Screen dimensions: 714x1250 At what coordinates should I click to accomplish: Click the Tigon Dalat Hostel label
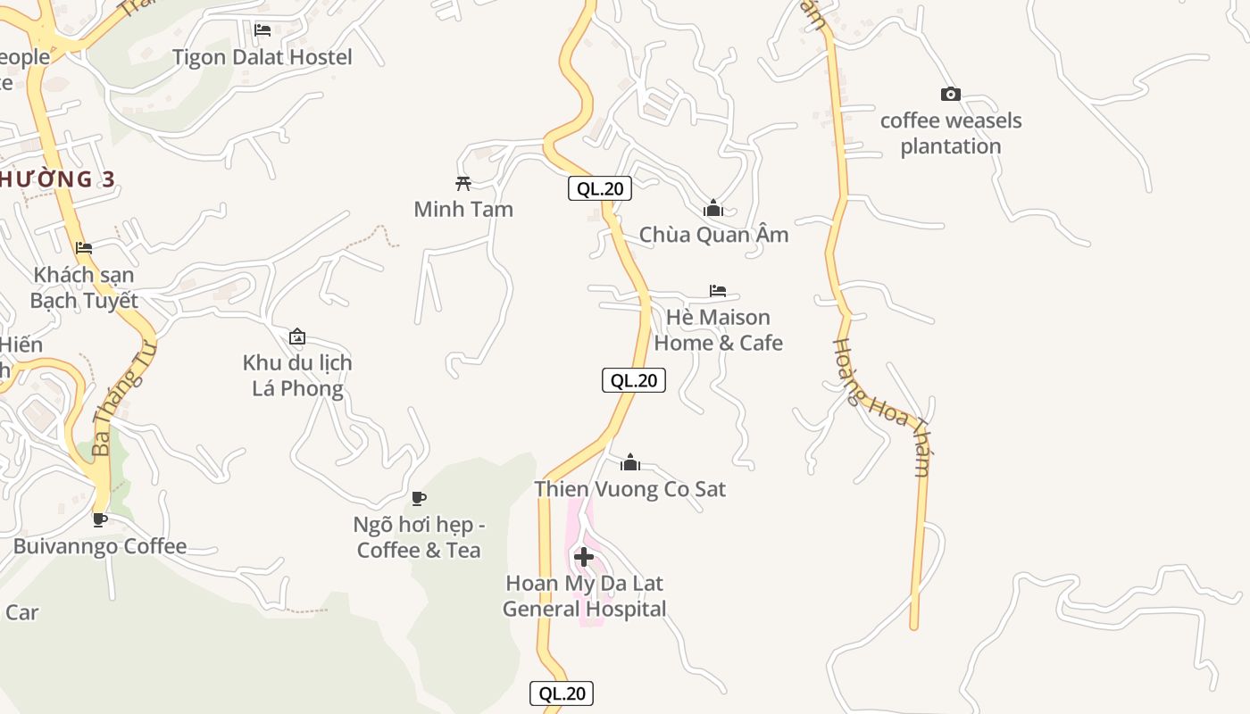(x=262, y=57)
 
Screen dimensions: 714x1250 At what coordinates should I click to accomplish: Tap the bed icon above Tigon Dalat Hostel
(x=262, y=30)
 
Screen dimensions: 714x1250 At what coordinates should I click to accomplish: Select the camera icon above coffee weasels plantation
(x=951, y=94)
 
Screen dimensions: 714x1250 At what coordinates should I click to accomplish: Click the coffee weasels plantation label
(x=951, y=133)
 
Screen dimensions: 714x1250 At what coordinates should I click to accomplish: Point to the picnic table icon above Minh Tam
(x=462, y=183)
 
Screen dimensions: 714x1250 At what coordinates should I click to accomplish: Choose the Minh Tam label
(x=463, y=209)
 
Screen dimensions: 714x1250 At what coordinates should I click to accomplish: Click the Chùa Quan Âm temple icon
(x=713, y=209)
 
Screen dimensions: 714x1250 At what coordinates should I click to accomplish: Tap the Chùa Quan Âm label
(x=713, y=235)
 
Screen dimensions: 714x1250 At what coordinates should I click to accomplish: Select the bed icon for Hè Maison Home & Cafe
(x=718, y=291)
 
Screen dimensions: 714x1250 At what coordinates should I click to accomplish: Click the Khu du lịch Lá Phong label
(x=297, y=376)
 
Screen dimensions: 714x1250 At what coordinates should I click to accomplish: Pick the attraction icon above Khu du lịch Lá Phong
(x=297, y=337)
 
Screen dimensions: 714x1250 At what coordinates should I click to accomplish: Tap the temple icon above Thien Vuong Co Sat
(x=630, y=462)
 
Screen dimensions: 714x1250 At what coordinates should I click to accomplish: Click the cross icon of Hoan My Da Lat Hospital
(x=584, y=557)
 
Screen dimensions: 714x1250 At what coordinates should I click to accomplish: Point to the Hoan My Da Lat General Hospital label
(x=584, y=596)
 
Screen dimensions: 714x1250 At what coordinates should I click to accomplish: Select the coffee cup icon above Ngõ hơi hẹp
(x=419, y=498)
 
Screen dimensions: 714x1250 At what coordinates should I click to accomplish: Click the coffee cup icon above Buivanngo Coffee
(x=100, y=519)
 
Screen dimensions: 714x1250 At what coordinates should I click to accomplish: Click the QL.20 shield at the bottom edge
(x=562, y=693)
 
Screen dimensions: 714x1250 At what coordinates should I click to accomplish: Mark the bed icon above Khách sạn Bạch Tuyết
(x=84, y=248)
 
